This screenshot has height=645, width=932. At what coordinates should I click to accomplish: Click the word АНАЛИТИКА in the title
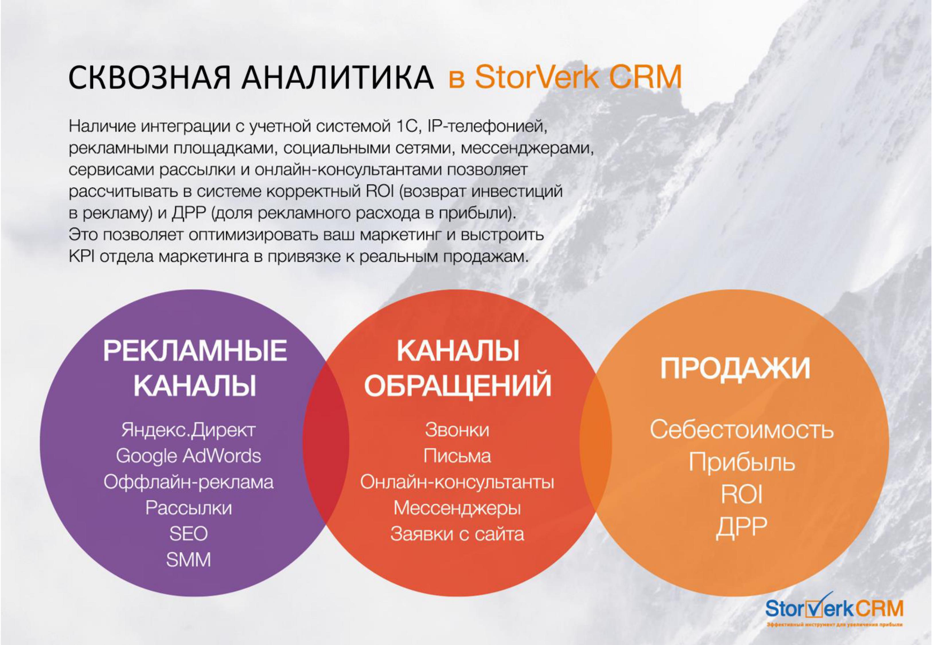(x=337, y=77)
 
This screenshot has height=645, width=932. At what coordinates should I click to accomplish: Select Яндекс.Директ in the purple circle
(x=188, y=430)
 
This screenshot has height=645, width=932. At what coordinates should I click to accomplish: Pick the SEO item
(x=188, y=534)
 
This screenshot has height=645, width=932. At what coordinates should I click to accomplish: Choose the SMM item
(x=188, y=560)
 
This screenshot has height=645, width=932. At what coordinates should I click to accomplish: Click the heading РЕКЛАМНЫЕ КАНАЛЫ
(x=195, y=368)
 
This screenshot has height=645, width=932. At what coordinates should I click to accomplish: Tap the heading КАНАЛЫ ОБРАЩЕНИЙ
(x=457, y=368)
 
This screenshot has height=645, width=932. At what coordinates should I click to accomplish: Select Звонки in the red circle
(x=457, y=430)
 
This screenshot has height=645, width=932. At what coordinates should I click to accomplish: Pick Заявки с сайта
(x=457, y=534)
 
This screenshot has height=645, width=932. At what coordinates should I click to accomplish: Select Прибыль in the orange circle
(x=742, y=462)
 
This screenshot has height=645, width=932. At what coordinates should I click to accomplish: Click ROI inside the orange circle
(x=742, y=494)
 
